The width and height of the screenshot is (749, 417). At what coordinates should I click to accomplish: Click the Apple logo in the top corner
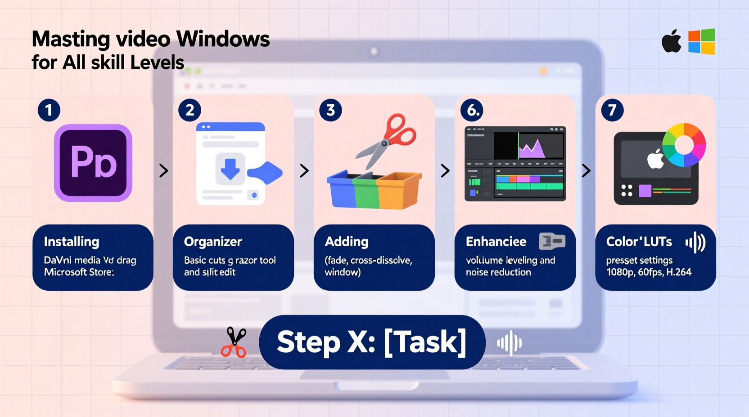click(671, 42)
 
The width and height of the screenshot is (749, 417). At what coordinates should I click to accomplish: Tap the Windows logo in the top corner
click(701, 42)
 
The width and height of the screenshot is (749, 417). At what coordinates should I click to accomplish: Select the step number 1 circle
click(49, 110)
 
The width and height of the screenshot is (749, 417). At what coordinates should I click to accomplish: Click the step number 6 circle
click(472, 110)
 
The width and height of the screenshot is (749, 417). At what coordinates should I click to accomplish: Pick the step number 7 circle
click(612, 110)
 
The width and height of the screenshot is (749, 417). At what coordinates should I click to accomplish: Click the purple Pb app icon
click(93, 163)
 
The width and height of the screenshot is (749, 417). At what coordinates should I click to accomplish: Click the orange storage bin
click(398, 191)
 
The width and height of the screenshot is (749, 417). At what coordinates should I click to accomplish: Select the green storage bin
click(367, 192)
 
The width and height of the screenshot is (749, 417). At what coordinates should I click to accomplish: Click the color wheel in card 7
click(684, 145)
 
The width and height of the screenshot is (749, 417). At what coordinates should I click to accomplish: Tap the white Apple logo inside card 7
click(655, 159)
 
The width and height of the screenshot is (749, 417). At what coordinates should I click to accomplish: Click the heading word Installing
click(71, 242)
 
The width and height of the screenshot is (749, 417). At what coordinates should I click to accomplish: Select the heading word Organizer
click(213, 242)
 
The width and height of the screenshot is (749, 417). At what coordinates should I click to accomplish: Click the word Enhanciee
click(496, 242)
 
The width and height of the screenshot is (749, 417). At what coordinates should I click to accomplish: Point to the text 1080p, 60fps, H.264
click(648, 272)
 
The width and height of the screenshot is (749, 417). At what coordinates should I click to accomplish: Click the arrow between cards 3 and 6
click(445, 170)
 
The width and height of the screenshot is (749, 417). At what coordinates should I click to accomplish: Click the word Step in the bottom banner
click(308, 343)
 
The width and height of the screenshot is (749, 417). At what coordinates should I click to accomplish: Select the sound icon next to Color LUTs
click(695, 243)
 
